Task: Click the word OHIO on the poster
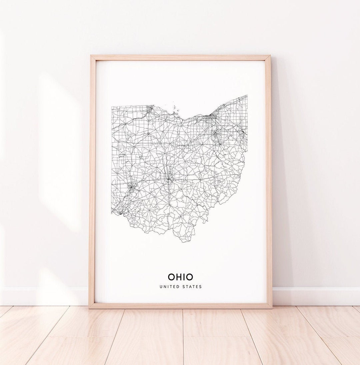coord(180,277)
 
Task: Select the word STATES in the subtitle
coord(192,287)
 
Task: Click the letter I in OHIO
coord(185,277)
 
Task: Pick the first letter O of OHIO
coord(171,277)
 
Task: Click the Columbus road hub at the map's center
coord(169,180)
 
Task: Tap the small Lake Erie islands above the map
coord(175,108)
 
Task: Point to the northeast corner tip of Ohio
coord(247,96)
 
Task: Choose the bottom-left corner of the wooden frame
coord(90,307)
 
